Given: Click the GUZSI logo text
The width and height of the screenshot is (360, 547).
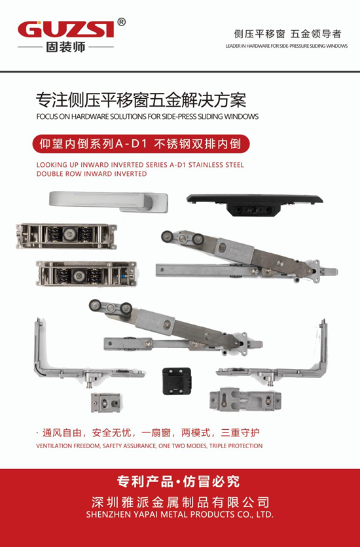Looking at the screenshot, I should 65,30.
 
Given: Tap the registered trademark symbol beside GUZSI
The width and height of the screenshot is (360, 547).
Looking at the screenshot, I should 121,22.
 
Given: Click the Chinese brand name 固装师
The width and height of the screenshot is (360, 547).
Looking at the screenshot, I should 65,47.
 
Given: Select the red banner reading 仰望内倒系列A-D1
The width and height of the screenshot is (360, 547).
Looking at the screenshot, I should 141,143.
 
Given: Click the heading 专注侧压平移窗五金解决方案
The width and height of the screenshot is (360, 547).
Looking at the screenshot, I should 141,101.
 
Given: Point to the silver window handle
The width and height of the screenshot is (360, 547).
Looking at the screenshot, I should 108,200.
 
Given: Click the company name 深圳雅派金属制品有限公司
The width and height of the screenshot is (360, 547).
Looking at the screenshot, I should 179,502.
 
